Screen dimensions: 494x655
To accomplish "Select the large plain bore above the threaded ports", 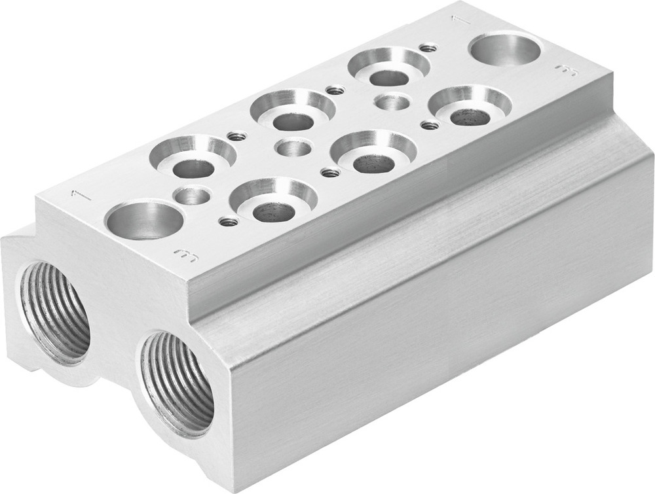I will (144, 220).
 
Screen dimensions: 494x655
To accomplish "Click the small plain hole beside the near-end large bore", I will (193, 194).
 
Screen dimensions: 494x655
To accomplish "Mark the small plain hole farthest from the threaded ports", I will (393, 102).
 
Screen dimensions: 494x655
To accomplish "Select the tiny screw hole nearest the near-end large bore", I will (228, 222).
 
